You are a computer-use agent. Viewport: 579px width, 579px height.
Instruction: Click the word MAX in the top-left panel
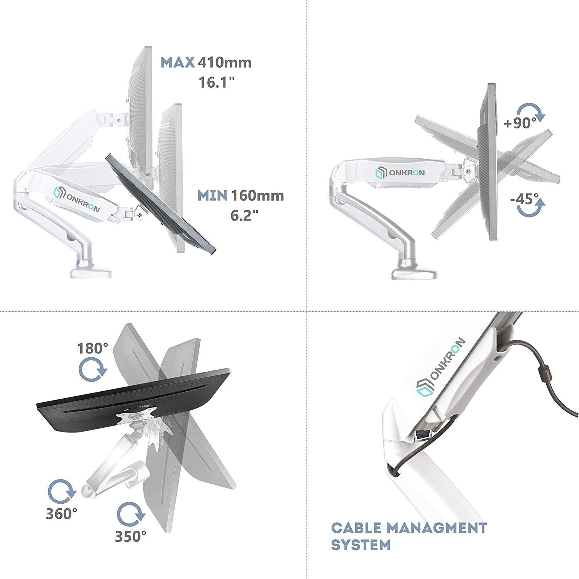[178, 63]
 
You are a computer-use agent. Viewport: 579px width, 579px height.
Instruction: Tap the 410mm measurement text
[224, 63]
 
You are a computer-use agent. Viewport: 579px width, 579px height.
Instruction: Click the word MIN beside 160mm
[212, 195]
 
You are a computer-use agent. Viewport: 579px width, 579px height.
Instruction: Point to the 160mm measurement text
[257, 195]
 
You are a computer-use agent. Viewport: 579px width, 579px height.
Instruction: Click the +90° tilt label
[520, 124]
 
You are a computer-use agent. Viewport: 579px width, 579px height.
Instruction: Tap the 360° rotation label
[61, 513]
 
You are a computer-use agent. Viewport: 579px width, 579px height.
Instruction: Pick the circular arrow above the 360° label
[61, 491]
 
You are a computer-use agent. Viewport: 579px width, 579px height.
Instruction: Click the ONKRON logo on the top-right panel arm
[400, 173]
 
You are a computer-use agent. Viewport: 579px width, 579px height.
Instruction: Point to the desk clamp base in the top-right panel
[414, 271]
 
